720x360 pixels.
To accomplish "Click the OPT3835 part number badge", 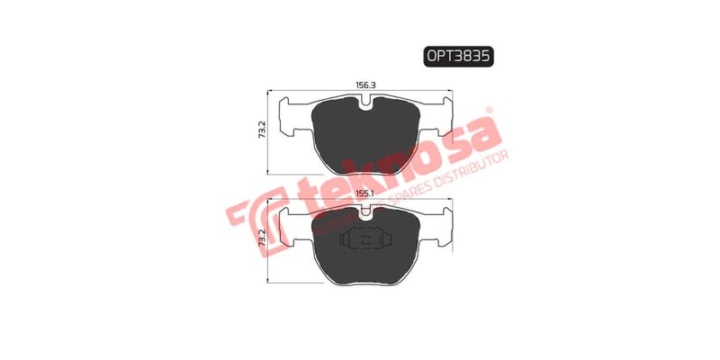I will click(459, 56).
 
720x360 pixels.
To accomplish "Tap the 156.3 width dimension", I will click(365, 85).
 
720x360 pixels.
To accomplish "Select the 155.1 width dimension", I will click(365, 193).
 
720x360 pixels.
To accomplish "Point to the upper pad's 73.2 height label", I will click(261, 131).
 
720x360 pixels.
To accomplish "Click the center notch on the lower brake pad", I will click(364, 212).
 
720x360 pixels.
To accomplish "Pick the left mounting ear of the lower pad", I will click(292, 225).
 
